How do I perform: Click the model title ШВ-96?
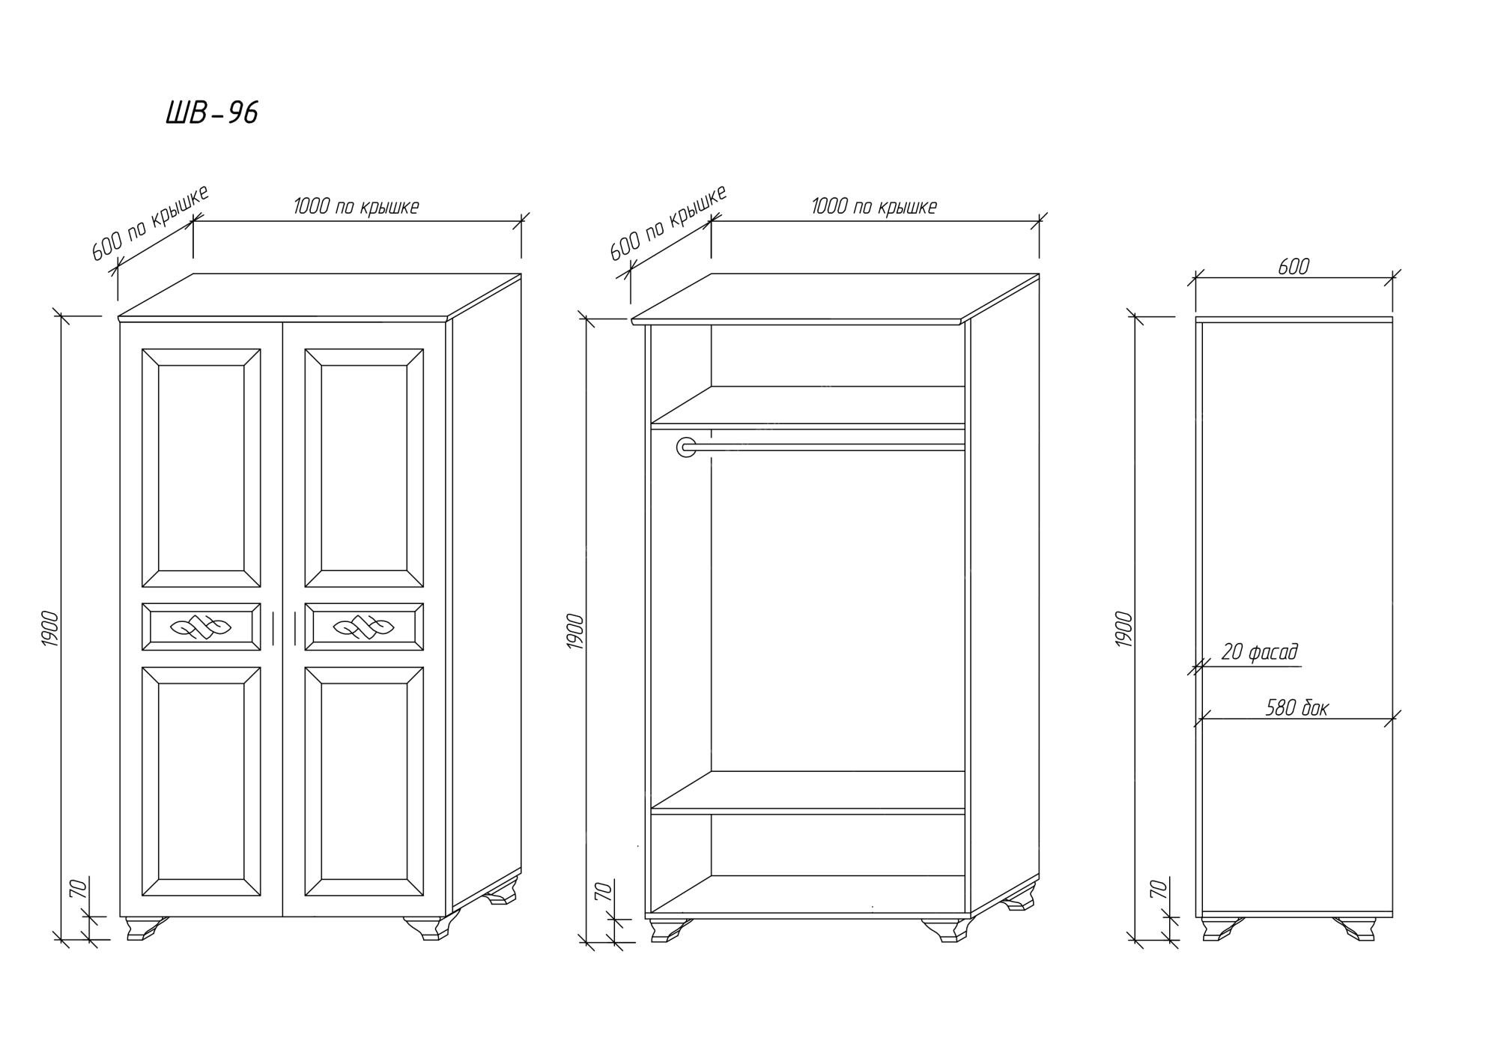click(x=212, y=113)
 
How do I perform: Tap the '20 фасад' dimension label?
click(x=1259, y=652)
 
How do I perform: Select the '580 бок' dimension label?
click(x=1297, y=707)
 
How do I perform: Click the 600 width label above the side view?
click(x=1293, y=267)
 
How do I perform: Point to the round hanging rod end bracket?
click(x=686, y=447)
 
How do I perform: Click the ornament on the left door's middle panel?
click(x=201, y=627)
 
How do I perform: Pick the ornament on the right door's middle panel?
click(x=364, y=627)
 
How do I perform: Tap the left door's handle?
click(x=273, y=628)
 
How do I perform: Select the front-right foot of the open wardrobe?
click(x=946, y=930)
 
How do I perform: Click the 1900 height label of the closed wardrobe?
click(x=50, y=629)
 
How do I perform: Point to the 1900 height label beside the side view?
click(x=1124, y=630)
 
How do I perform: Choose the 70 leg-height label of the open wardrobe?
click(x=602, y=891)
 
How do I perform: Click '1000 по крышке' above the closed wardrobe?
click(x=356, y=207)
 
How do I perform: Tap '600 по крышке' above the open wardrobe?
click(x=667, y=223)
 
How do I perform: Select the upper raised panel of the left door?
click(x=201, y=468)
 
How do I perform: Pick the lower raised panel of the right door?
click(x=364, y=782)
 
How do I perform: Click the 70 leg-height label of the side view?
click(x=1159, y=890)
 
